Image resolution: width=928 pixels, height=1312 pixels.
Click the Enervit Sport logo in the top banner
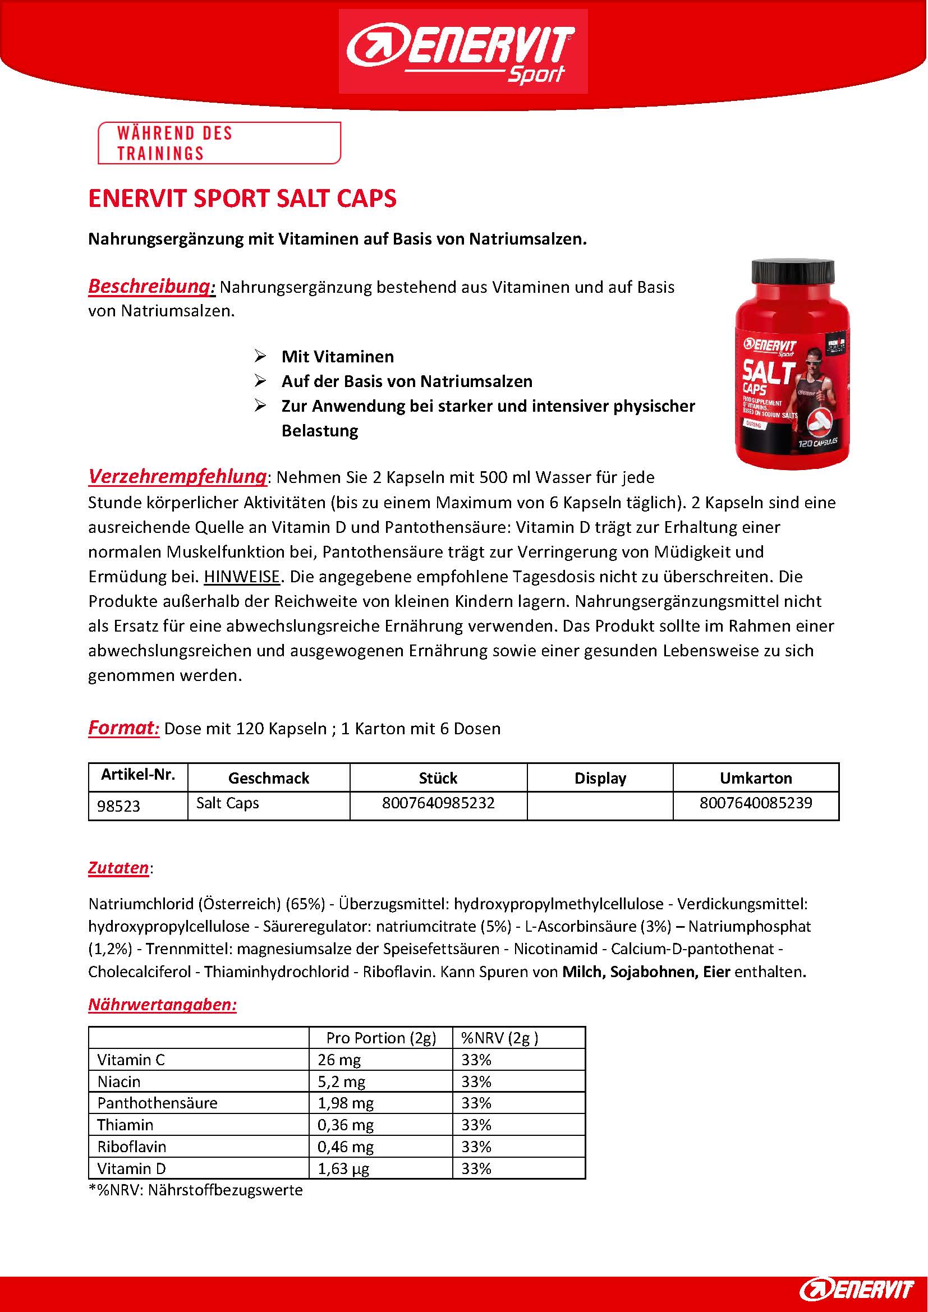click(463, 52)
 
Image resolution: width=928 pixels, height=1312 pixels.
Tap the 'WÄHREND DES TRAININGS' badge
click(219, 143)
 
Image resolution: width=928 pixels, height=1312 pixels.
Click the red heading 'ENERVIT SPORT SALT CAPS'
click(242, 198)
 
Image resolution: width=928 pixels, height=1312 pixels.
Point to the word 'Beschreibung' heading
click(150, 286)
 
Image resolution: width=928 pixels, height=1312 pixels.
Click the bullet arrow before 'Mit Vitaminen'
click(260, 357)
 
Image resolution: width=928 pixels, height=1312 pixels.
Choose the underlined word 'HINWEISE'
click(242, 577)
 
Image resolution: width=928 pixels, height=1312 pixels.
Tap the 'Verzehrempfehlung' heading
click(177, 476)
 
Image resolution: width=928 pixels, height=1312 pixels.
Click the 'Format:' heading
click(123, 728)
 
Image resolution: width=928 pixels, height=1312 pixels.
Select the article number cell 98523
click(119, 805)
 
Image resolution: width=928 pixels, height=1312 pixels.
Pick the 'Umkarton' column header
click(755, 777)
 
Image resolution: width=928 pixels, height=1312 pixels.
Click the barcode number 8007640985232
click(438, 803)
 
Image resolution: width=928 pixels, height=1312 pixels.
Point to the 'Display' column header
click(600, 777)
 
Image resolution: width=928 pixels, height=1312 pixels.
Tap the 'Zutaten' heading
click(118, 867)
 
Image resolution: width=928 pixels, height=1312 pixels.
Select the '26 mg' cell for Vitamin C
click(339, 1060)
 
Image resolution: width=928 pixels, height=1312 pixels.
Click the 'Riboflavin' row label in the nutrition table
click(131, 1147)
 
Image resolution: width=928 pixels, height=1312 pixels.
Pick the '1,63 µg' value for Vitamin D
click(343, 1168)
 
